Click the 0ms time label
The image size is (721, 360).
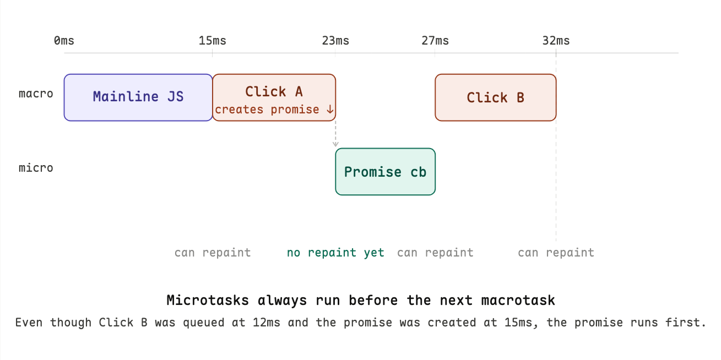64,41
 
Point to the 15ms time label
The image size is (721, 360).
213,41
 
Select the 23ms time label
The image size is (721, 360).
335,41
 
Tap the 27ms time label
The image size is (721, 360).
435,41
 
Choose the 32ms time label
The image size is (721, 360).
556,41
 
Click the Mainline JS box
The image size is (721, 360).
138,97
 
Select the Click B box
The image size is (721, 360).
495,97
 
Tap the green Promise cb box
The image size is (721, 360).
385,172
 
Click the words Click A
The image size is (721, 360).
274,92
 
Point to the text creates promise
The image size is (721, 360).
267,110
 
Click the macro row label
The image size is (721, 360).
36,94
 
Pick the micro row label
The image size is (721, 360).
36,168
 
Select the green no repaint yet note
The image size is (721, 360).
335,253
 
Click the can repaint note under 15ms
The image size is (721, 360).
213,253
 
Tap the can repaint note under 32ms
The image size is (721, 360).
556,253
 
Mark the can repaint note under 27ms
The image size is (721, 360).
435,253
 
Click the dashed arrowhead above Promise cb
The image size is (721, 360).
335,144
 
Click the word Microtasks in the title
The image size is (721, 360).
208,301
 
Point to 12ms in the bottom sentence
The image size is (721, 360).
267,323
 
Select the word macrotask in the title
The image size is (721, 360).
518,301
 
